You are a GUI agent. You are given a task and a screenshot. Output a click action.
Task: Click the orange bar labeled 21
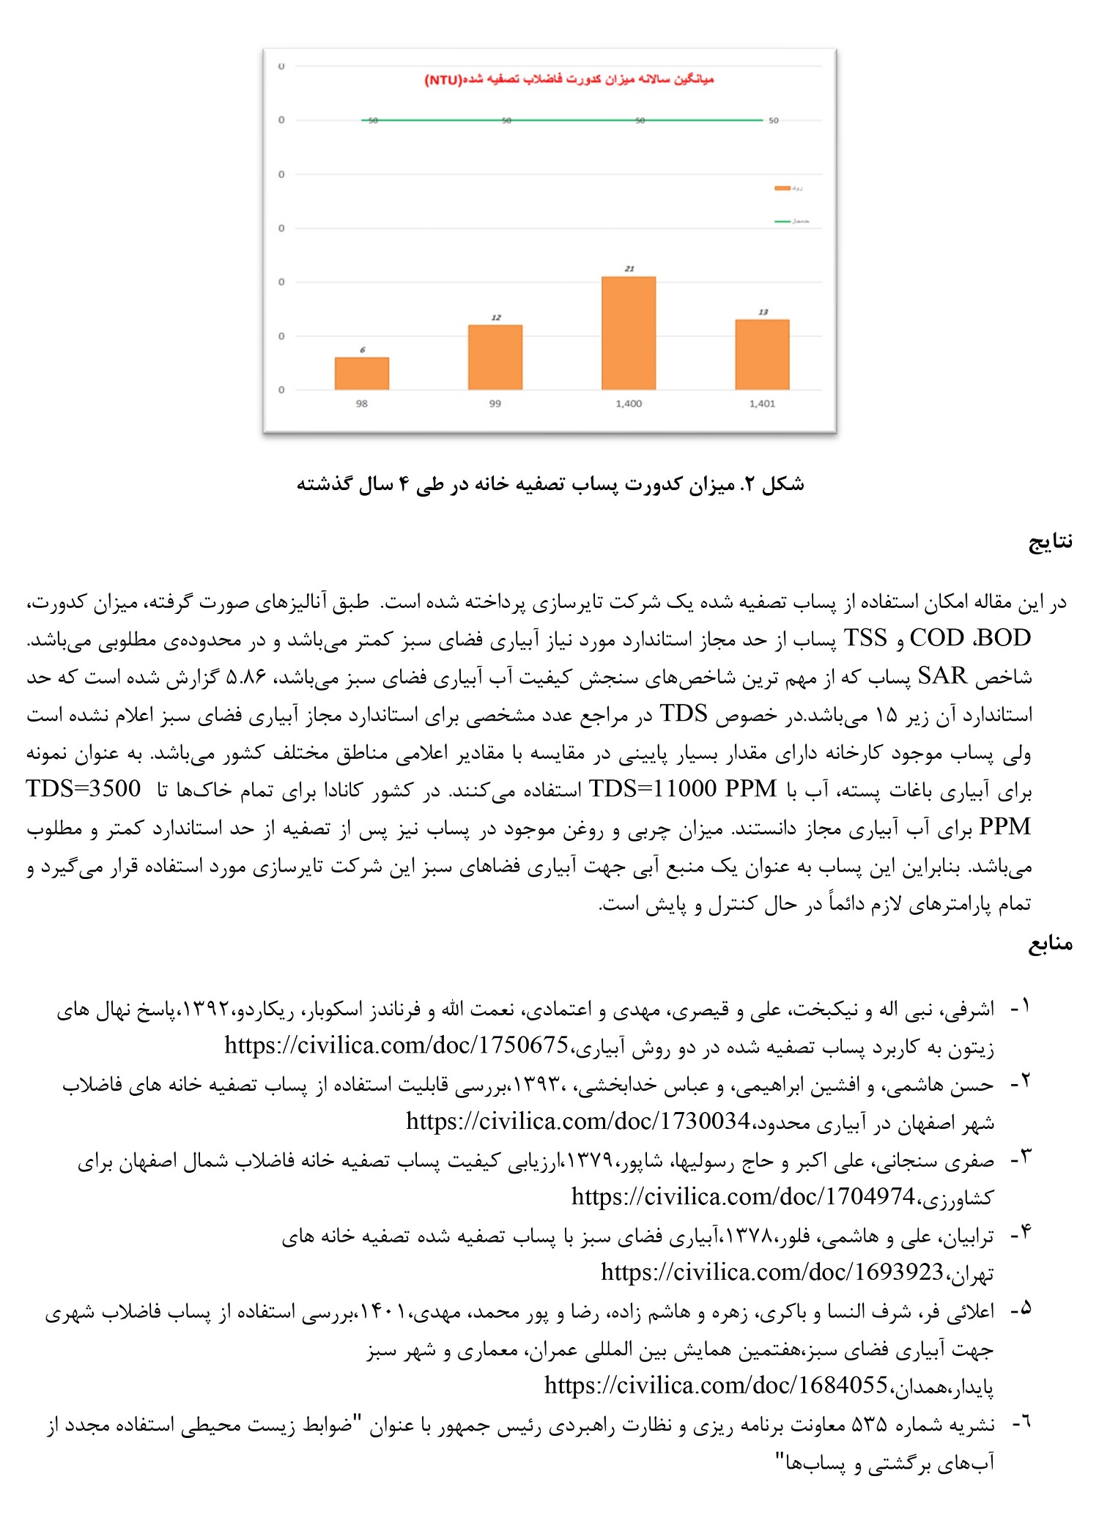coord(629,333)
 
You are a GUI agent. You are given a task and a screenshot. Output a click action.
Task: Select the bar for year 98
coord(362,374)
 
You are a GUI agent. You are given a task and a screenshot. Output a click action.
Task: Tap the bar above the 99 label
coord(495,357)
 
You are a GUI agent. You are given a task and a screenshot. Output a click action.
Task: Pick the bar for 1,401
coord(762,355)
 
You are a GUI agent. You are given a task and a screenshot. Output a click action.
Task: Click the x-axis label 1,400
coord(629,404)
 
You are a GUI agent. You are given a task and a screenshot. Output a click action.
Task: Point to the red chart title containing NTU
coord(569,79)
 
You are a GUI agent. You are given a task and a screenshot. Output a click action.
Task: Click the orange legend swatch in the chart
coord(782,189)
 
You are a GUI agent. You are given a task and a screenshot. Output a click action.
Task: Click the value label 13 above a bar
coord(763,312)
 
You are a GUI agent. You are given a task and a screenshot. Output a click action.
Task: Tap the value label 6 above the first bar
coord(362,350)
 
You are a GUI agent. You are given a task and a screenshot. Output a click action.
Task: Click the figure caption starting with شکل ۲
coord(550,484)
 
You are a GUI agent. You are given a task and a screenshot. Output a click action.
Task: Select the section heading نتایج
coord(1051,541)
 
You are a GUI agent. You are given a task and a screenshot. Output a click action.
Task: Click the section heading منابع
coord(1051,943)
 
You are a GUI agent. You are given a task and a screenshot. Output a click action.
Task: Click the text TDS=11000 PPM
coord(682,789)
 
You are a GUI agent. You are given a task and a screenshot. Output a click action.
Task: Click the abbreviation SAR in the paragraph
coord(942,676)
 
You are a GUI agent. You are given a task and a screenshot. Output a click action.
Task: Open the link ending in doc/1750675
coord(396,1045)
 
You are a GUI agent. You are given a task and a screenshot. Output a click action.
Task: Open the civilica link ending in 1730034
coord(578,1122)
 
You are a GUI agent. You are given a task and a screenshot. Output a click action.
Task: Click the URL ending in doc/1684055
coord(716,1385)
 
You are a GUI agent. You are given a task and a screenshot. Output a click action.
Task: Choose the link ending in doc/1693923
coord(772,1272)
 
